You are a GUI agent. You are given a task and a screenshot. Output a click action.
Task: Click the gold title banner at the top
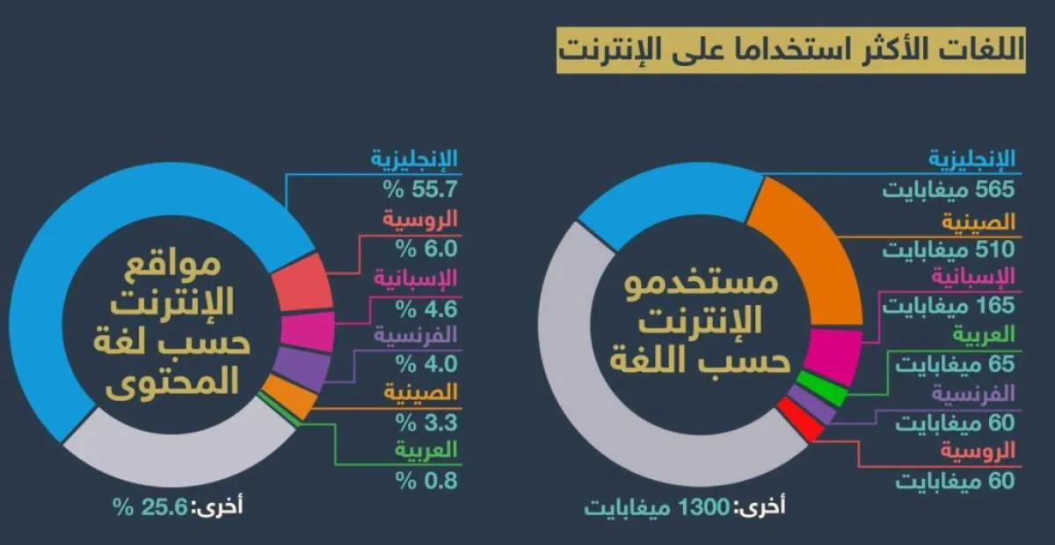point(790,49)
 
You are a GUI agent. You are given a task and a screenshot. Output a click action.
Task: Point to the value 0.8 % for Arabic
point(427,480)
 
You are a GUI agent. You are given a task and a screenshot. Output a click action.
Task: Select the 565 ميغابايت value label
point(949,188)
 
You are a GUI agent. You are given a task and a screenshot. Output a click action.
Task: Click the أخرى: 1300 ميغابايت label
point(686,507)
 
